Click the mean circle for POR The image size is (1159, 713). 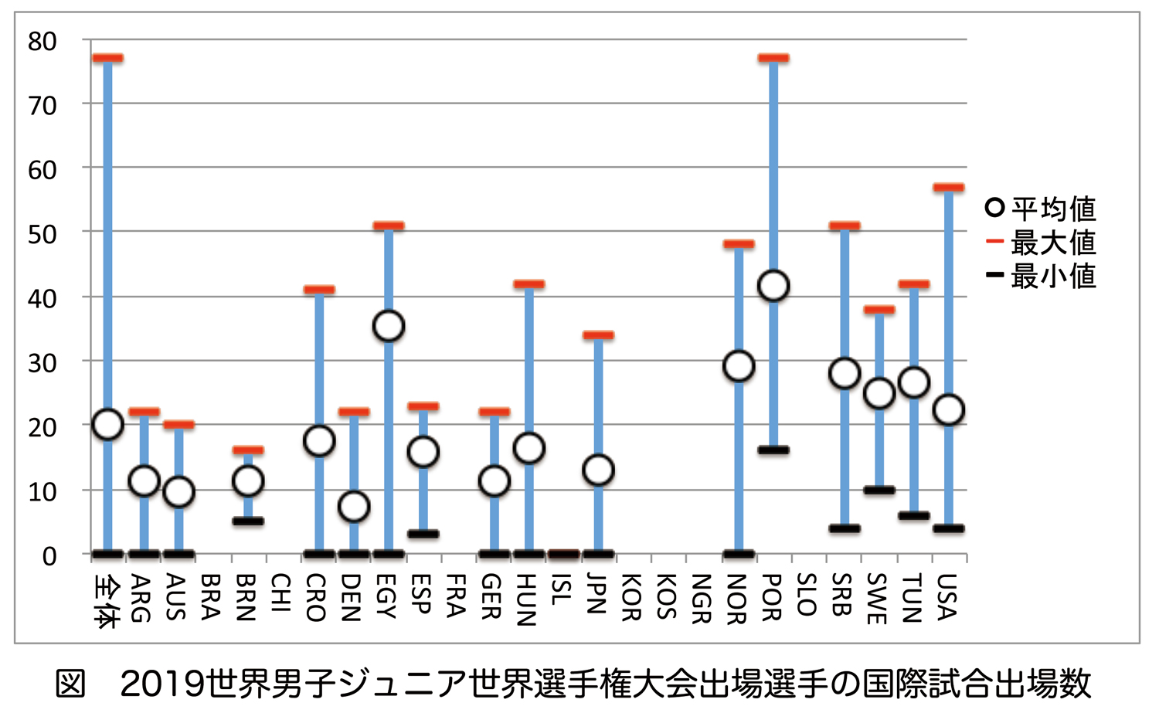click(x=773, y=286)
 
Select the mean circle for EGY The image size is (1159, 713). click(x=389, y=326)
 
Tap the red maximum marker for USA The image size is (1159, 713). click(x=949, y=188)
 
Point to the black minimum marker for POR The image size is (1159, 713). click(x=773, y=450)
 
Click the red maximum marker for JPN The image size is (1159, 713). click(x=599, y=335)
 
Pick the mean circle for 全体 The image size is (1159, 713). click(x=107, y=424)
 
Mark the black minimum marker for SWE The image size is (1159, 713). click(x=879, y=490)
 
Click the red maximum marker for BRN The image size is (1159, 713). click(x=248, y=450)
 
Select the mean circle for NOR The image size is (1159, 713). click(x=739, y=366)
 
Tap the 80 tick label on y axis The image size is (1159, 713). click(x=42, y=41)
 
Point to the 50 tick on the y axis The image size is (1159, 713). click(x=42, y=234)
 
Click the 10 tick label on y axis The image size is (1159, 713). click(x=42, y=491)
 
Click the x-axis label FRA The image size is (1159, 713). click(x=456, y=596)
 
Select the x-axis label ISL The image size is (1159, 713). click(x=562, y=590)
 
